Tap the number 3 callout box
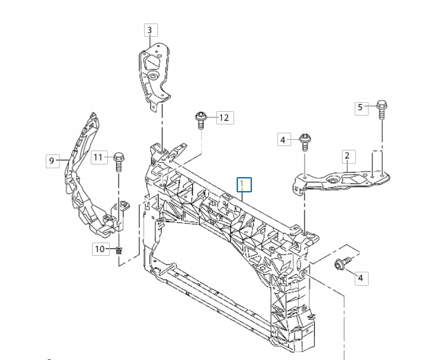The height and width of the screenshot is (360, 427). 150,30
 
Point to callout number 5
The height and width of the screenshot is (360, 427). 360,107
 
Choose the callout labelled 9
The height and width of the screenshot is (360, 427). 51,161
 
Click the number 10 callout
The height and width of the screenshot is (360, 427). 100,249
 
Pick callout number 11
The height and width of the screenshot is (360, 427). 98,156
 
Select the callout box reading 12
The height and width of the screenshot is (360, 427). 223,117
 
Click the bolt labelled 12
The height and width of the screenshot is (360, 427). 201,119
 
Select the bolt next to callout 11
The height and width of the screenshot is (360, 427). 118,161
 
